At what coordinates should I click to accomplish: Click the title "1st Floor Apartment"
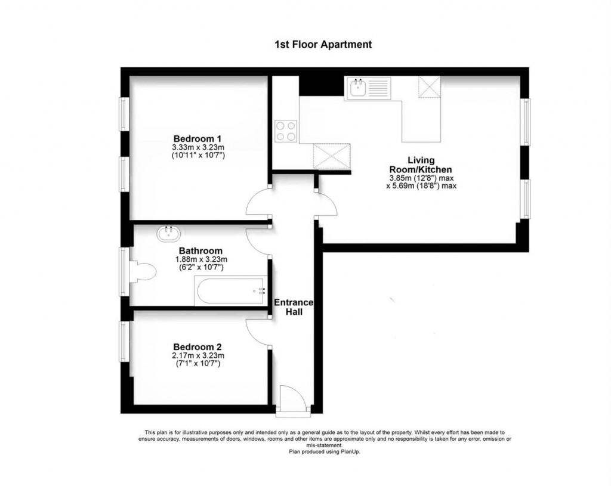point(323,44)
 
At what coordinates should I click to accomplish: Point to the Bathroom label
point(200,251)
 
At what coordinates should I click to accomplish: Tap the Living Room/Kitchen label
point(421,165)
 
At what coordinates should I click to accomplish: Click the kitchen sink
point(359,89)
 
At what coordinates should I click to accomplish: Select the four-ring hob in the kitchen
point(286,131)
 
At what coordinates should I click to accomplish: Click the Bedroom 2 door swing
point(258,331)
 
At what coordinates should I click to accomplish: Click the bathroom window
point(124,272)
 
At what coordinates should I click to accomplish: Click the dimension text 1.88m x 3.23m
point(200,259)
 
